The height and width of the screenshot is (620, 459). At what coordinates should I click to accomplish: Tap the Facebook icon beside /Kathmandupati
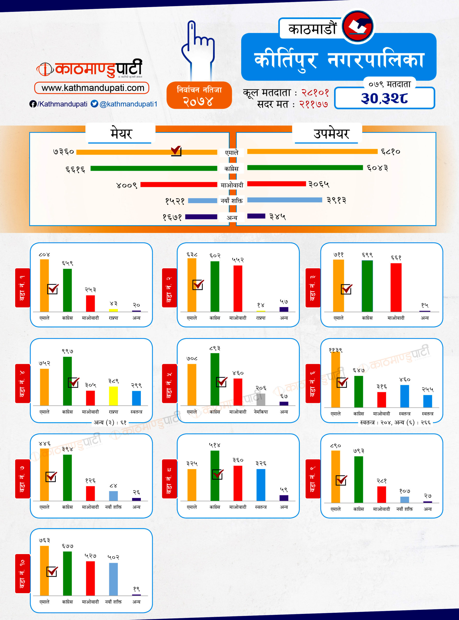point(33,104)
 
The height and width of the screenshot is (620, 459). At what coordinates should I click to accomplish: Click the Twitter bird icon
point(94,104)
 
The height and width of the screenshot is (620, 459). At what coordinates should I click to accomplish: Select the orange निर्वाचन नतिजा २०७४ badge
point(199,95)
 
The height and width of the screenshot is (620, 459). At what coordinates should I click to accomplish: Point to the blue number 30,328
point(384,98)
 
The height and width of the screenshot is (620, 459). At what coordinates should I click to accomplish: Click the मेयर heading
point(121,134)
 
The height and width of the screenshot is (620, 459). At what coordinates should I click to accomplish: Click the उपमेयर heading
point(331,134)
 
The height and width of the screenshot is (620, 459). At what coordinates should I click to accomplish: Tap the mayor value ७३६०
point(64,152)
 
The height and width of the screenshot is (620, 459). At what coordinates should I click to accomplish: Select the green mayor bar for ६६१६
point(154,168)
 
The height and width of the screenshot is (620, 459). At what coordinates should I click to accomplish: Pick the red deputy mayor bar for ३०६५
point(276,184)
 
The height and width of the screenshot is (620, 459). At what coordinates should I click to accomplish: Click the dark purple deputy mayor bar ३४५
point(256,216)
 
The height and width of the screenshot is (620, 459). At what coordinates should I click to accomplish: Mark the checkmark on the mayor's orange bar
point(176,151)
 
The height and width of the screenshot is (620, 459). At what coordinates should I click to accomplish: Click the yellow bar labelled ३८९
point(113,396)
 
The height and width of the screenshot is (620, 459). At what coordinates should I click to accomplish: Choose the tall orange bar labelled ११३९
point(336,380)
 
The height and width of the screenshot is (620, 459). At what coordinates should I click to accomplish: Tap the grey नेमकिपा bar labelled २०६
point(261,399)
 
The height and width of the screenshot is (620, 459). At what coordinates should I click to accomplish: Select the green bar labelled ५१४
point(215,475)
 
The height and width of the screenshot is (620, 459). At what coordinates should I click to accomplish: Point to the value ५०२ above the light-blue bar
point(113,557)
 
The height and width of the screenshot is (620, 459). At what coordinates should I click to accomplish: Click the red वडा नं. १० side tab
point(23,573)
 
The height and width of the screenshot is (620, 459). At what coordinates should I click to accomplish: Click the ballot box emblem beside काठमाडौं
point(358,26)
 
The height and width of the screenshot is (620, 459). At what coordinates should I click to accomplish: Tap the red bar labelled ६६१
point(396,287)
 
